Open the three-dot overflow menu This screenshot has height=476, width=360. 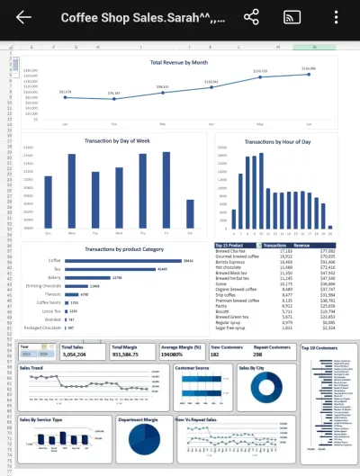(x=336, y=18)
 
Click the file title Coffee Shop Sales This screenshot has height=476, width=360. (x=144, y=18)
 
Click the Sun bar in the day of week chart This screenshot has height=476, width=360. (x=49, y=201)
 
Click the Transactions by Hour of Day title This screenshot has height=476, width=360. (x=275, y=142)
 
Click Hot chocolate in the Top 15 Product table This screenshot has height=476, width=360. (x=229, y=267)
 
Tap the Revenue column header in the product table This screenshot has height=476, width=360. (x=301, y=244)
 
